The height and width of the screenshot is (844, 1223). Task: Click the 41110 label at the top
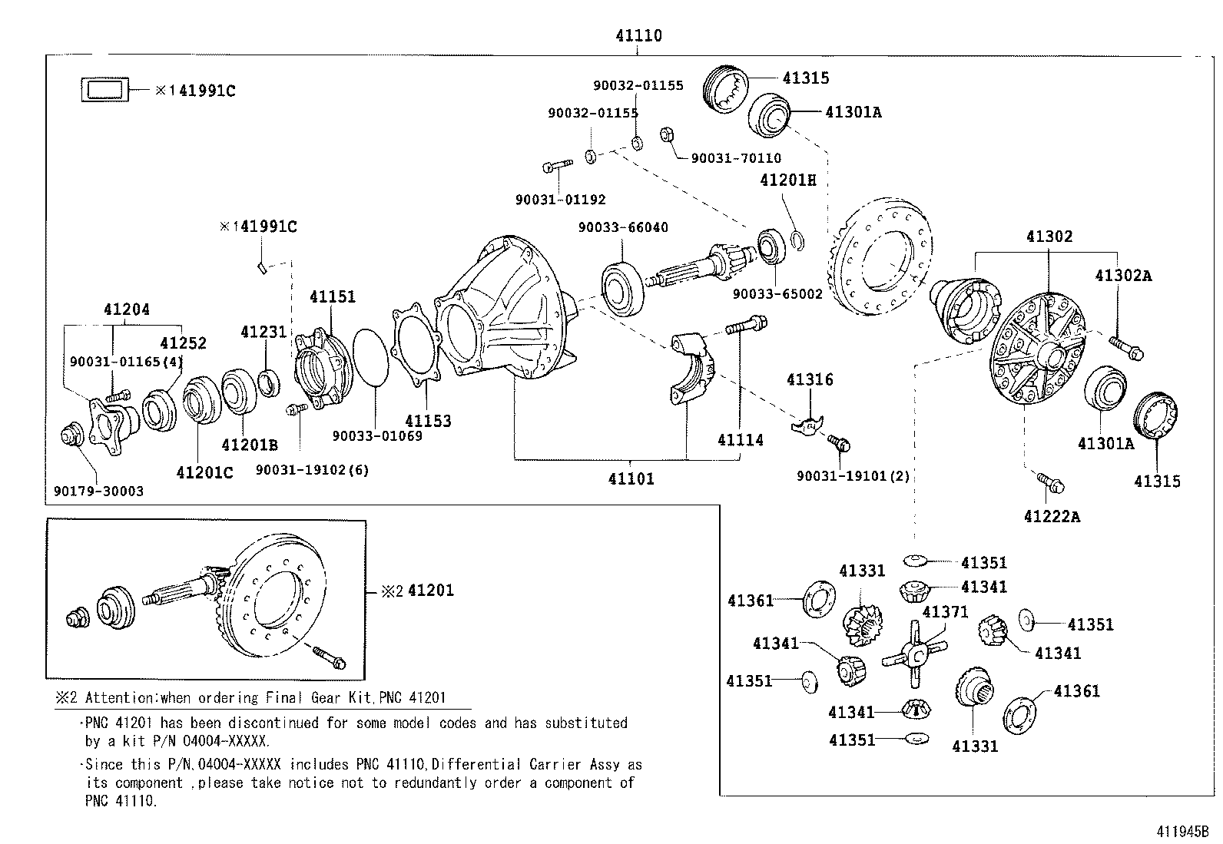pos(638,35)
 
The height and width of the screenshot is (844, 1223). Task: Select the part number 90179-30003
pos(98,491)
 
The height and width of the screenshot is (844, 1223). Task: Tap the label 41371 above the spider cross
pos(945,612)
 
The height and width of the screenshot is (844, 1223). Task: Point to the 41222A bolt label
pos(1052,517)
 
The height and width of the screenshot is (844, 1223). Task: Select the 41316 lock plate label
pos(810,379)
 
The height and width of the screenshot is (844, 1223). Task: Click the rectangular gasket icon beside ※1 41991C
pos(104,90)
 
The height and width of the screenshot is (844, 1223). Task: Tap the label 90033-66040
pos(623,227)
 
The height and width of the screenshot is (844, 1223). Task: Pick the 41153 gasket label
pos(428,421)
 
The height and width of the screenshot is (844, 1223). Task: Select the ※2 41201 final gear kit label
pos(418,591)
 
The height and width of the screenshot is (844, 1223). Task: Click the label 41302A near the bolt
pos(1123,275)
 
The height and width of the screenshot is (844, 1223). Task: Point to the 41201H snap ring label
pos(788,180)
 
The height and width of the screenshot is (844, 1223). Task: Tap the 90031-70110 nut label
pos(736,158)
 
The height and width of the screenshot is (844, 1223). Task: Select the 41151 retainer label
pos(333,296)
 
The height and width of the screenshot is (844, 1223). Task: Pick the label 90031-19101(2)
pos(853,476)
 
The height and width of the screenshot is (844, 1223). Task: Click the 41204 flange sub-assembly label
pos(127,309)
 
